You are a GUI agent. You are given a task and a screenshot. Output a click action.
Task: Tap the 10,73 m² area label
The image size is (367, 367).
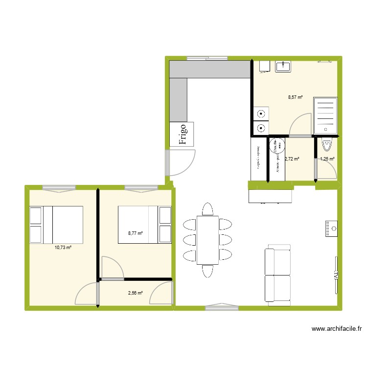coord(63,248)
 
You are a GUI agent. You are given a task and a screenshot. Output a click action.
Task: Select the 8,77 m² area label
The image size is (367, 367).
coord(135,233)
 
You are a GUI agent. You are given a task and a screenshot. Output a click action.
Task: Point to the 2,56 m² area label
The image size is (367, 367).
coord(135,293)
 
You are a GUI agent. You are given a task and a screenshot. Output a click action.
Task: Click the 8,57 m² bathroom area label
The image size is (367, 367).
coord(295,97)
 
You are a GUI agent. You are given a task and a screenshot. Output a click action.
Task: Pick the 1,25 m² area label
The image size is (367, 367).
coord(327,159)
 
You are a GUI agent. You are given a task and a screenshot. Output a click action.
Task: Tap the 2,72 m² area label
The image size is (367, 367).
coord(292,159)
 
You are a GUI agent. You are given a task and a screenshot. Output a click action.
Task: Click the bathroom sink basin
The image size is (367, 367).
coord(283,66)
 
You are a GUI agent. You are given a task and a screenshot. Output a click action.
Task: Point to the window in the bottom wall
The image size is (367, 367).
coord(222,307)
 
